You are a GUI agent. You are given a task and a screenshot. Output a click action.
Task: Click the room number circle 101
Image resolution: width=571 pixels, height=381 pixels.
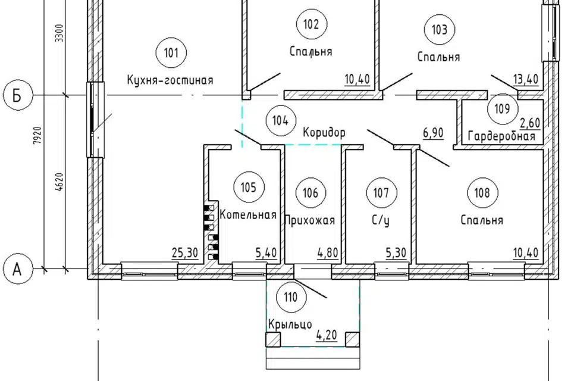pyautogui.click(x=171, y=53)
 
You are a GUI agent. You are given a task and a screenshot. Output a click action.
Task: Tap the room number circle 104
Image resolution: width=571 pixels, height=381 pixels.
pyautogui.click(x=281, y=120)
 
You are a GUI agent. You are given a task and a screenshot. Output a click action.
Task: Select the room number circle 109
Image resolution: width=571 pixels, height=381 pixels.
pyautogui.click(x=502, y=108)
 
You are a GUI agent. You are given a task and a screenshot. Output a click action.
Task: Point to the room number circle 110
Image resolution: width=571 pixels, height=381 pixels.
pyautogui.click(x=291, y=297)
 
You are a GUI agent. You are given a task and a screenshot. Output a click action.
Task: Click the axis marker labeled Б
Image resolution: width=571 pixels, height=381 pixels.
pyautogui.click(x=17, y=96)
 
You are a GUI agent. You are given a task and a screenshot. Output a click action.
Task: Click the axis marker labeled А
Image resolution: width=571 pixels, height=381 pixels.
pyautogui.click(x=17, y=270)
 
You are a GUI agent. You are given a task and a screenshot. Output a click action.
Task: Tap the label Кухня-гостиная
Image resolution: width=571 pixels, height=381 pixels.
pyautogui.click(x=170, y=80)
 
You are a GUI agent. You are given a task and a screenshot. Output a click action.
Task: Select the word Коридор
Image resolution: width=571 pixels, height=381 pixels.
pyautogui.click(x=324, y=132)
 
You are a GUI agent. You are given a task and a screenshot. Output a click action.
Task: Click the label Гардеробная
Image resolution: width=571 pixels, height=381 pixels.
pyautogui.click(x=501, y=136)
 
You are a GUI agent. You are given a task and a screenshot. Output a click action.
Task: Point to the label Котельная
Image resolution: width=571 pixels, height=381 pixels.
pyautogui.click(x=248, y=214)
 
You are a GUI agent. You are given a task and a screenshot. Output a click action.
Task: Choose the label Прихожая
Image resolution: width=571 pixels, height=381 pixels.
pyautogui.click(x=309, y=220)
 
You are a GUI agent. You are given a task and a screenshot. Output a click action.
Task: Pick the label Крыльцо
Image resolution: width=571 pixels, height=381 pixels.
pyautogui.click(x=290, y=324)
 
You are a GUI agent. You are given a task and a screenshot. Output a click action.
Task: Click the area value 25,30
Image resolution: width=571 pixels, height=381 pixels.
pyautogui.click(x=184, y=252)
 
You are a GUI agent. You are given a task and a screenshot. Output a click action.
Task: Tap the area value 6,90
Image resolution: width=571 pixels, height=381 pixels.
pyautogui.click(x=434, y=133)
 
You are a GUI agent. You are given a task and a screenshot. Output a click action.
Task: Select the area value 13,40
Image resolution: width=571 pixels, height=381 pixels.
pyautogui.click(x=526, y=79)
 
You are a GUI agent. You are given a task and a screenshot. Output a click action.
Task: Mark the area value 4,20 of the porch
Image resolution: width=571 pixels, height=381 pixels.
pyautogui.click(x=327, y=335)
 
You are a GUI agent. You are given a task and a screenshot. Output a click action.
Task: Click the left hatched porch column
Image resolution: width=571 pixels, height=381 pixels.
pyautogui.click(x=274, y=339)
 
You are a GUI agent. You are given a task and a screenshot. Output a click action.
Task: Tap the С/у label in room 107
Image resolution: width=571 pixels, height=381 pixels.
pyautogui.click(x=381, y=221)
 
